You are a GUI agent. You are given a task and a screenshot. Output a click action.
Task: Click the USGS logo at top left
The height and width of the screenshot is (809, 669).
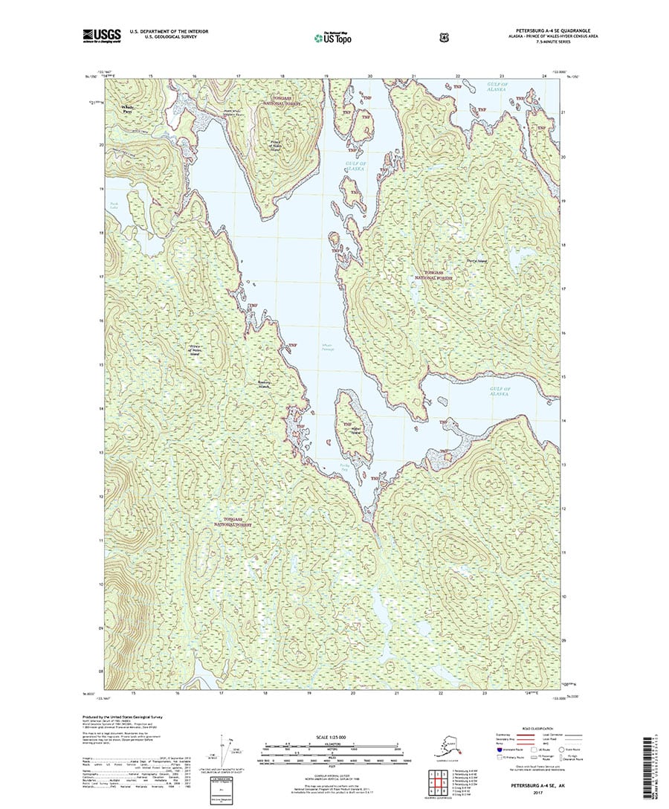pyautogui.click(x=101, y=35)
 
